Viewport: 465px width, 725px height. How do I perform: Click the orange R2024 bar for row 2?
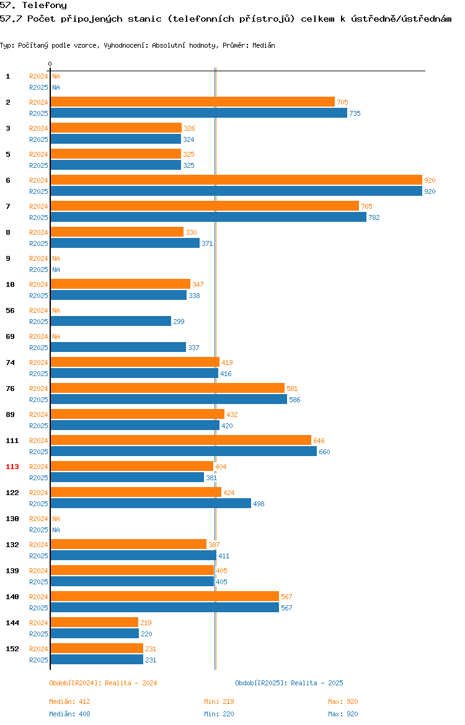(x=192, y=102)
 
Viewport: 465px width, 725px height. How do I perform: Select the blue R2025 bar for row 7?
(x=209, y=217)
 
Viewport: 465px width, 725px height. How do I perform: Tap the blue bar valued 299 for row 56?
(x=111, y=321)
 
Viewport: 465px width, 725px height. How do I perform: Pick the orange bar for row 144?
(x=94, y=622)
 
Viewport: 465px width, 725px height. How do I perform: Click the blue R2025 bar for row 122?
(x=151, y=503)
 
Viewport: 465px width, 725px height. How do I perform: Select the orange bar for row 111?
(x=181, y=440)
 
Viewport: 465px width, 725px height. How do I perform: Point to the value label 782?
(x=374, y=217)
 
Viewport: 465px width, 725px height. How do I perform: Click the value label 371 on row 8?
(x=207, y=243)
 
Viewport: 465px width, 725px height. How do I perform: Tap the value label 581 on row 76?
(x=292, y=389)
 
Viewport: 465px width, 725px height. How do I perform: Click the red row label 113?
(x=12, y=467)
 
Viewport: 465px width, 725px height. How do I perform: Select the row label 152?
(x=12, y=649)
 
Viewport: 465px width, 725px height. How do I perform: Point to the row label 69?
(x=10, y=336)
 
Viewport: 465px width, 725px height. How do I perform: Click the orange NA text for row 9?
(x=56, y=258)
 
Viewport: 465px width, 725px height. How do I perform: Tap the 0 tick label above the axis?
(x=50, y=64)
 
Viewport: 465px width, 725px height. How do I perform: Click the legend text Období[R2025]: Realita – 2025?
(x=289, y=683)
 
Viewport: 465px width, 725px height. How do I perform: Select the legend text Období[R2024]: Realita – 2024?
(x=103, y=683)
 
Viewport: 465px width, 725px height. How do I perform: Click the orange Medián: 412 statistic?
(x=70, y=701)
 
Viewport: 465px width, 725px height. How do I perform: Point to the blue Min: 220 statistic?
(x=219, y=714)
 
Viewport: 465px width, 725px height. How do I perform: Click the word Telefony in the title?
(x=45, y=6)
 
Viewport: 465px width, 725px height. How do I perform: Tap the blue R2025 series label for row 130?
(x=38, y=530)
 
